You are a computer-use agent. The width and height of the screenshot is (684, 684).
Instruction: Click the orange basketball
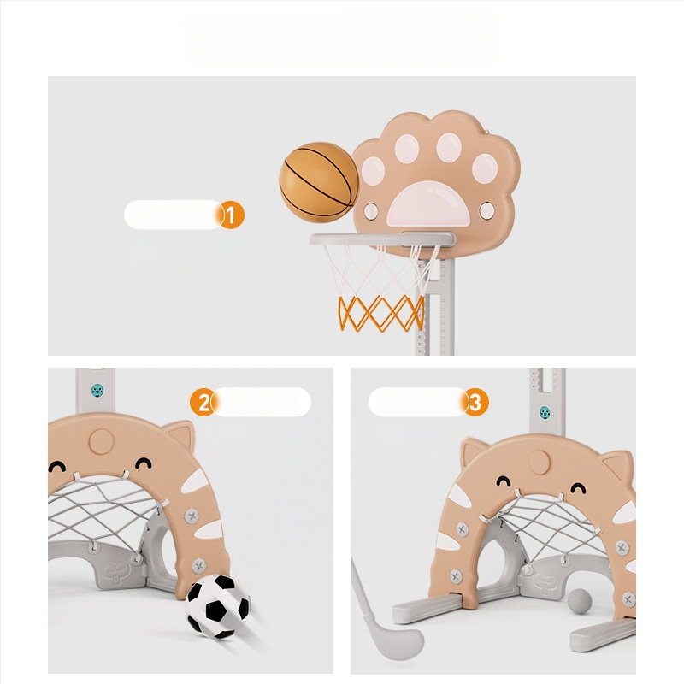(x=319, y=182)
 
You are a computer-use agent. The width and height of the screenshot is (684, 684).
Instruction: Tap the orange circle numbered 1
(x=231, y=215)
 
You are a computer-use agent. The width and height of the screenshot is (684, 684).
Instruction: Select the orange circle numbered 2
(x=203, y=402)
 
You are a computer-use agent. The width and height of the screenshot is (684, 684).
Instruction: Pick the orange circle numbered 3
(x=475, y=402)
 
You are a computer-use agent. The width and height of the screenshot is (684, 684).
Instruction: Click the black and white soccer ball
(x=217, y=606)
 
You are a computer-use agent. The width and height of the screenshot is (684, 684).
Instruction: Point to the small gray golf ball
(x=580, y=602)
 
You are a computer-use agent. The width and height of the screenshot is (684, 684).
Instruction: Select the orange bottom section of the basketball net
(x=381, y=313)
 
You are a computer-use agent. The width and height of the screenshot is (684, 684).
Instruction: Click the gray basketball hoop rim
(x=382, y=239)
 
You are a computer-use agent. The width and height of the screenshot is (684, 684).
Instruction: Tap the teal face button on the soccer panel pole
(x=97, y=391)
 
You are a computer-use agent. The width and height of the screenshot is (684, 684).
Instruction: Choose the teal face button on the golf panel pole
(x=545, y=412)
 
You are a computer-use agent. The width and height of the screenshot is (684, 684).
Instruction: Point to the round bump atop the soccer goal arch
(x=101, y=441)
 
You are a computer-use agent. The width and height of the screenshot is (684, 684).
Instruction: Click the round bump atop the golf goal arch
(x=540, y=463)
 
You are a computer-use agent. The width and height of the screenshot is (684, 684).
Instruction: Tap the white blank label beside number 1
(x=174, y=215)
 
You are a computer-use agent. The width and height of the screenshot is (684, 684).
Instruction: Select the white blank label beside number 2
(x=261, y=402)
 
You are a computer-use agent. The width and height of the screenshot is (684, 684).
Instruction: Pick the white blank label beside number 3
(x=418, y=402)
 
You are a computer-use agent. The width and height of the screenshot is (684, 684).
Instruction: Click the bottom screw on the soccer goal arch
(x=198, y=566)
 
